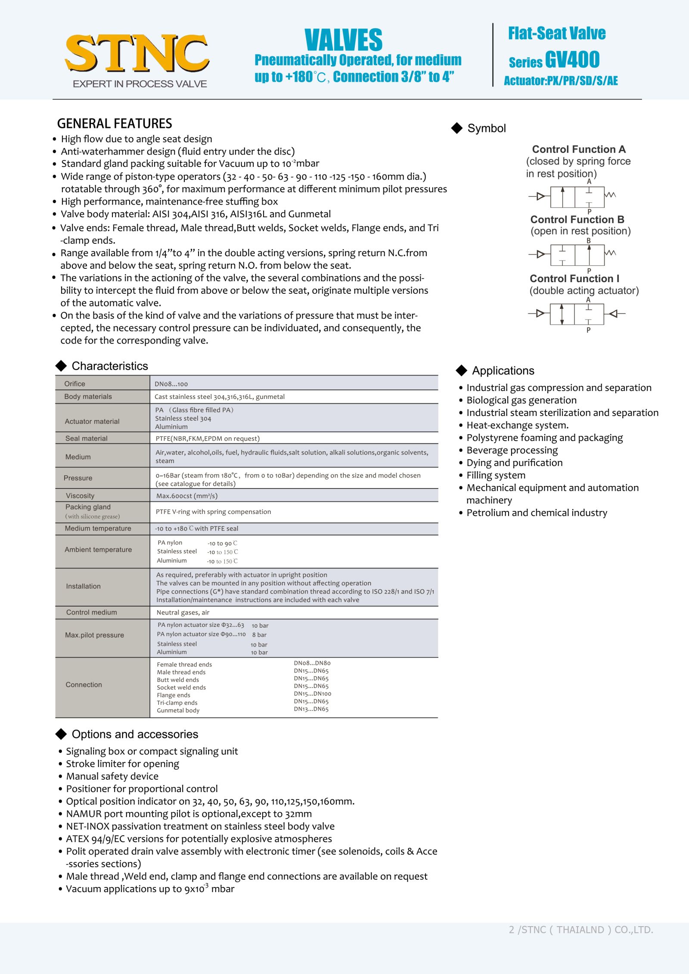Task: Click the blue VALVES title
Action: pyautogui.click(x=343, y=40)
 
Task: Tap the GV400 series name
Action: pyautogui.click(x=572, y=59)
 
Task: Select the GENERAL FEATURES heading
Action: pyautogui.click(x=115, y=124)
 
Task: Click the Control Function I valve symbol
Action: pyautogui.click(x=577, y=314)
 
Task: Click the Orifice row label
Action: pyautogui.click(x=74, y=383)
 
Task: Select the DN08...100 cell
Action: pyautogui.click(x=171, y=384)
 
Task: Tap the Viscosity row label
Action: pyautogui.click(x=80, y=495)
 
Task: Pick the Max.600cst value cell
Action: pyautogui.click(x=187, y=496)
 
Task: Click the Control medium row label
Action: pyautogui.click(x=91, y=612)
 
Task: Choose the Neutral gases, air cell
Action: pyautogui.click(x=183, y=613)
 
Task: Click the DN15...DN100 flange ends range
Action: pyautogui.click(x=313, y=694)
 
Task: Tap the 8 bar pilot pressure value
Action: pyautogui.click(x=259, y=635)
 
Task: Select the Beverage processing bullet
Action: pyautogui.click(x=512, y=450)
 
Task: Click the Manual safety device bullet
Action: pyautogui.click(x=112, y=776)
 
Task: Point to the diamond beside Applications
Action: pyautogui.click(x=461, y=370)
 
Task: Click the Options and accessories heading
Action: pyautogui.click(x=135, y=734)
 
